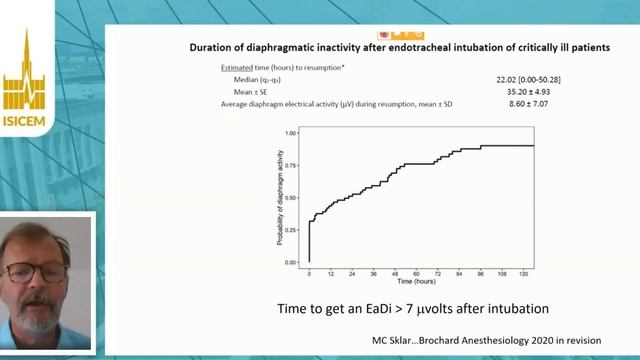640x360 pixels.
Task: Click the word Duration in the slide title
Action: click(x=215, y=47)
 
